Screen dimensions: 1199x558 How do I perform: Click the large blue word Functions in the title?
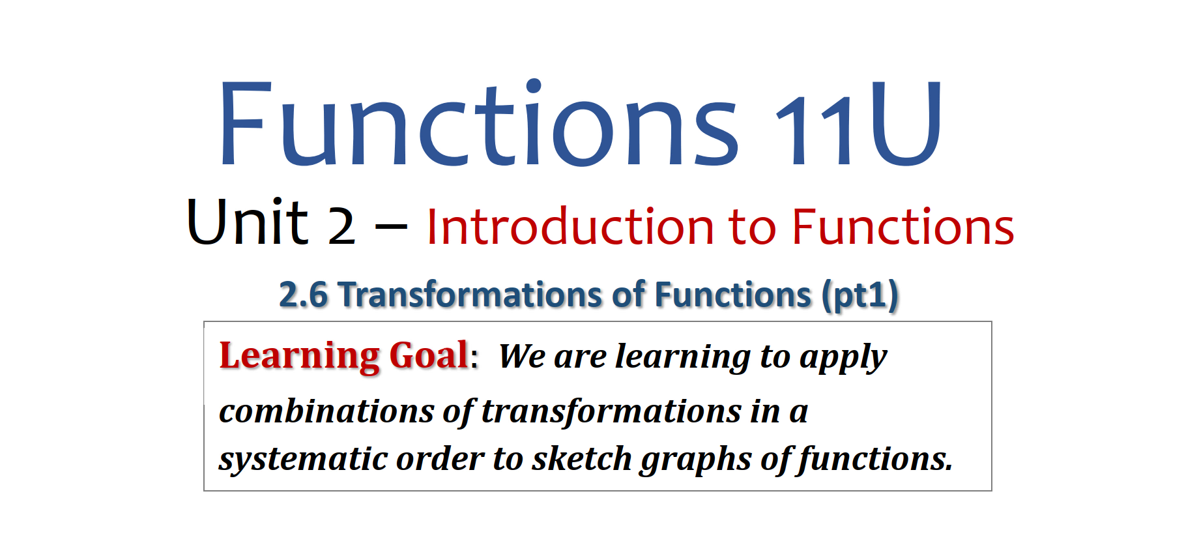click(x=479, y=122)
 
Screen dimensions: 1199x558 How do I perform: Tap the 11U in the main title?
click(x=858, y=123)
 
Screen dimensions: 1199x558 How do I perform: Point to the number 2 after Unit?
click(x=341, y=226)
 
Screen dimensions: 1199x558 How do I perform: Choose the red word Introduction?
click(x=571, y=226)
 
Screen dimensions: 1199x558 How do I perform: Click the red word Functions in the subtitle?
click(x=903, y=226)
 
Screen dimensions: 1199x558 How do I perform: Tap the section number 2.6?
click(x=303, y=295)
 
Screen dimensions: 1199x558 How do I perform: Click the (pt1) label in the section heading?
click(x=860, y=296)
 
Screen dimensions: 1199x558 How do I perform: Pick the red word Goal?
click(x=429, y=356)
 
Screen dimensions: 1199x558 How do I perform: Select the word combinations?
click(x=326, y=411)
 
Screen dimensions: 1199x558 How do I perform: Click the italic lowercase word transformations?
click(x=611, y=412)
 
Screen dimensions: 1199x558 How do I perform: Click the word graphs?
click(x=696, y=460)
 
